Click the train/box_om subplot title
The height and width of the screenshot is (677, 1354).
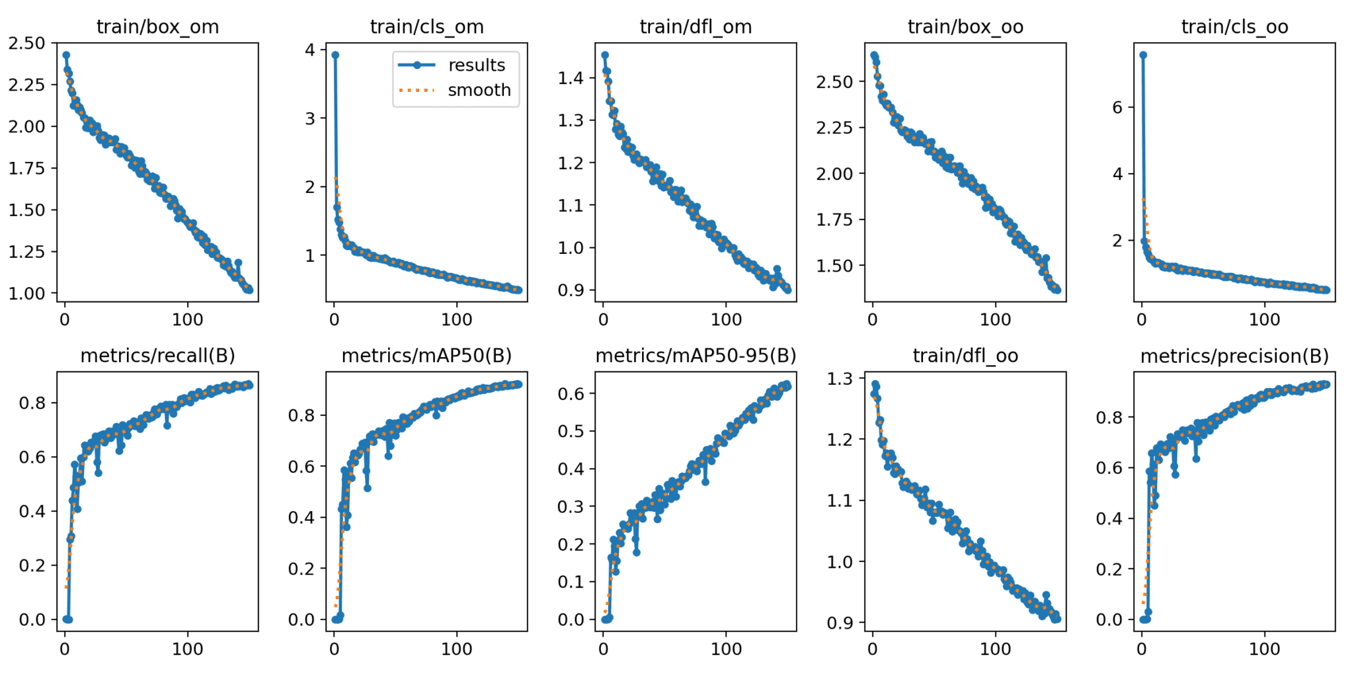(157, 26)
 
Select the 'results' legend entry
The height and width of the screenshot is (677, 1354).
(476, 65)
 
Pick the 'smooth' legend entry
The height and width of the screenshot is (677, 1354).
(479, 90)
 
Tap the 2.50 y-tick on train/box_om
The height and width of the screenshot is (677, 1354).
(26, 44)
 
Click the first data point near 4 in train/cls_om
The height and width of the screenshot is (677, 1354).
(335, 55)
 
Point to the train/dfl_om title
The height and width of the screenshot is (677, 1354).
(696, 26)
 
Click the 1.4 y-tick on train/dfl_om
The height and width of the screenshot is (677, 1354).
(571, 78)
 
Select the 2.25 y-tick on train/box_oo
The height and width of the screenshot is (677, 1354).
(834, 128)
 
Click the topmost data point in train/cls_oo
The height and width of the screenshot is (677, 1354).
(1143, 55)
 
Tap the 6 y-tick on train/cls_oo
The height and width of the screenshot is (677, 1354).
(1117, 107)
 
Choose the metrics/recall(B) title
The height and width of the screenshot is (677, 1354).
(157, 356)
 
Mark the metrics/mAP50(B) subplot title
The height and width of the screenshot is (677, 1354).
(426, 356)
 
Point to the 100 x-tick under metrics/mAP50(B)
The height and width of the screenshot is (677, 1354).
(456, 649)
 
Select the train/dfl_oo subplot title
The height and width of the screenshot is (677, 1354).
(965, 356)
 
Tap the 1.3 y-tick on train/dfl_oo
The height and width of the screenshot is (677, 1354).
(840, 379)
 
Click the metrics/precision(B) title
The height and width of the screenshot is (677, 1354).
(1234, 356)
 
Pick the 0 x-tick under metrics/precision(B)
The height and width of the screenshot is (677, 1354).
(1142, 649)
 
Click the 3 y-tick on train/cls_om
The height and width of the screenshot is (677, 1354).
(309, 119)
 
